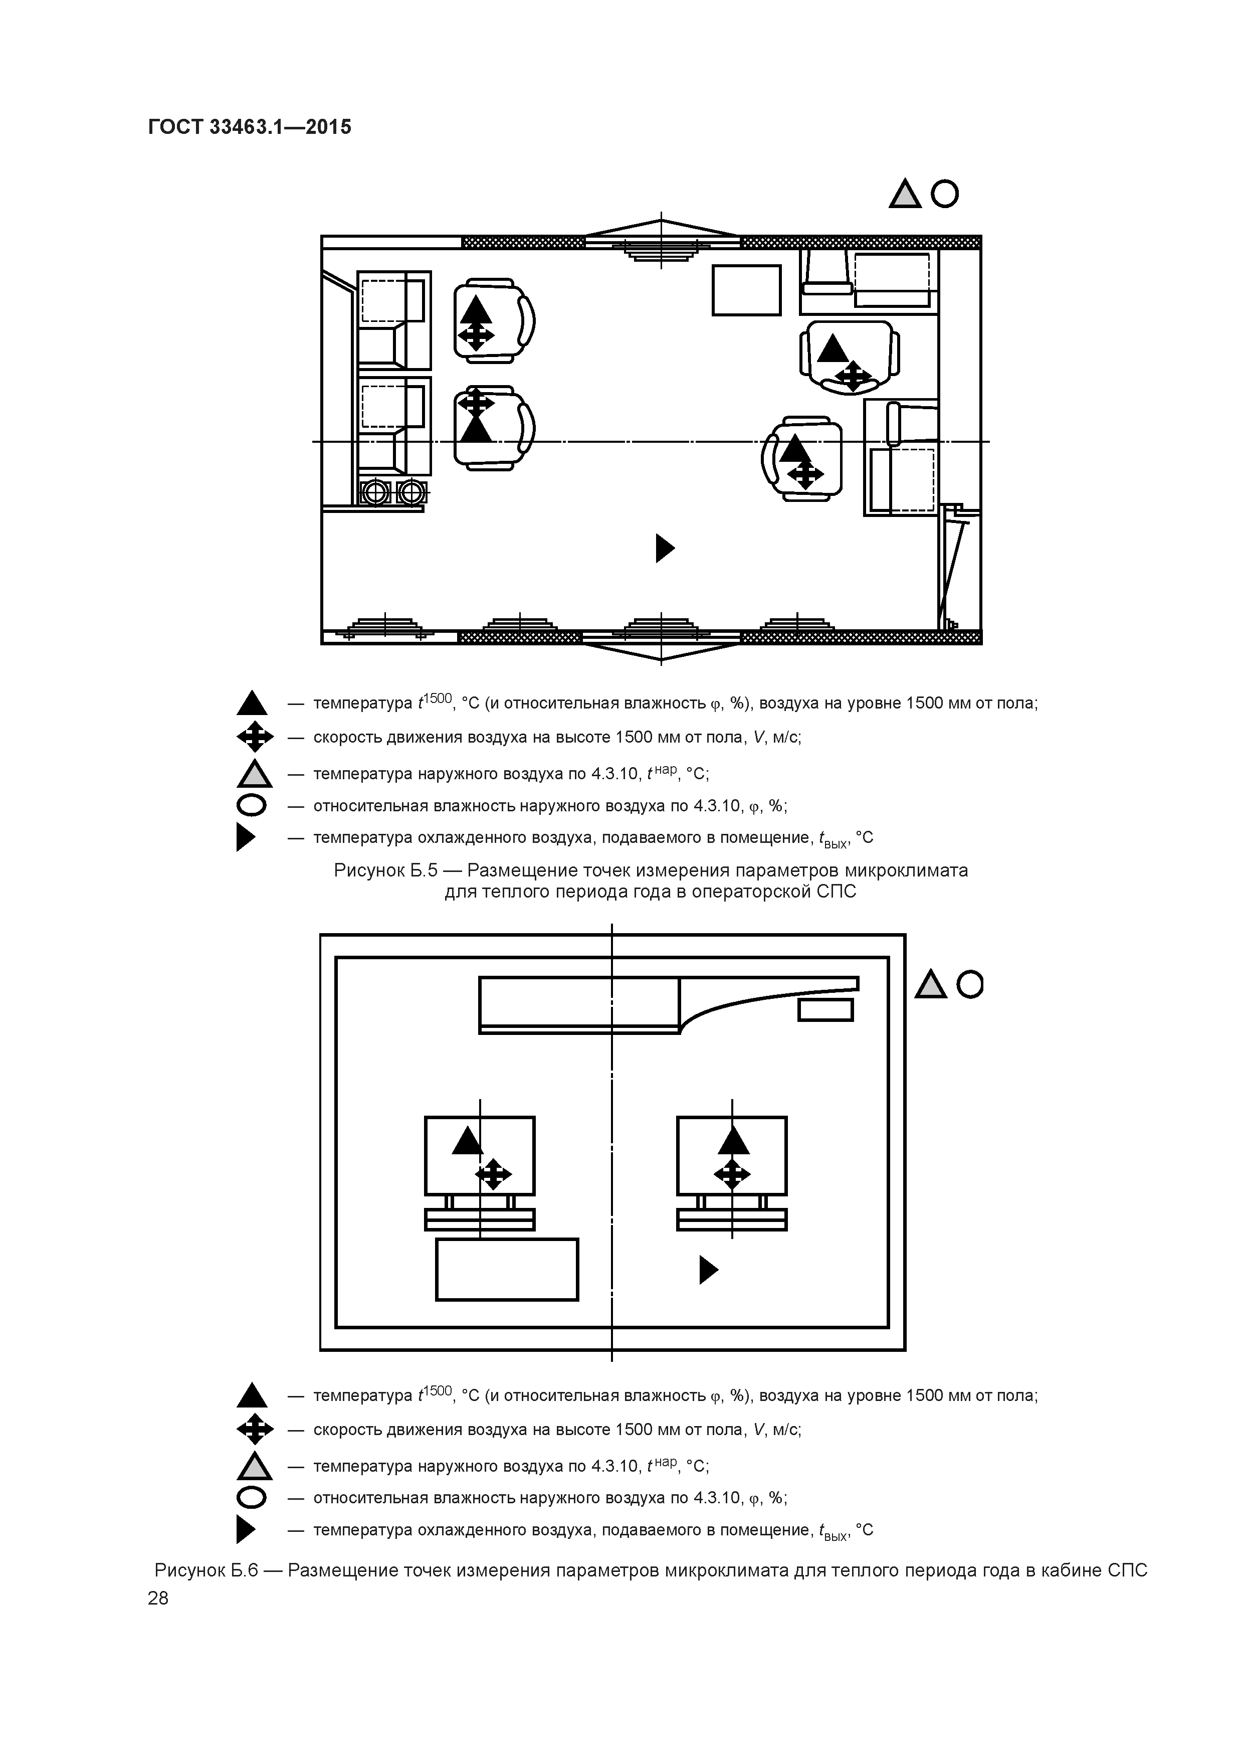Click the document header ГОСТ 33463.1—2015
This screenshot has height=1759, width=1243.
249,126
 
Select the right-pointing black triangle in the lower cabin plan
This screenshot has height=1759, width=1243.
708,1270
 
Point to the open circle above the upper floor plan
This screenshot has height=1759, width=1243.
944,195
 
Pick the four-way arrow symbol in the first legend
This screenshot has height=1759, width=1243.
254,737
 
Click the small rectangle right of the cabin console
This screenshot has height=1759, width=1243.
825,1010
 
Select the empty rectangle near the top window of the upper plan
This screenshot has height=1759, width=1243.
746,290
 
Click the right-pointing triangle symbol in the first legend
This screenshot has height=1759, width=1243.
245,837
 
